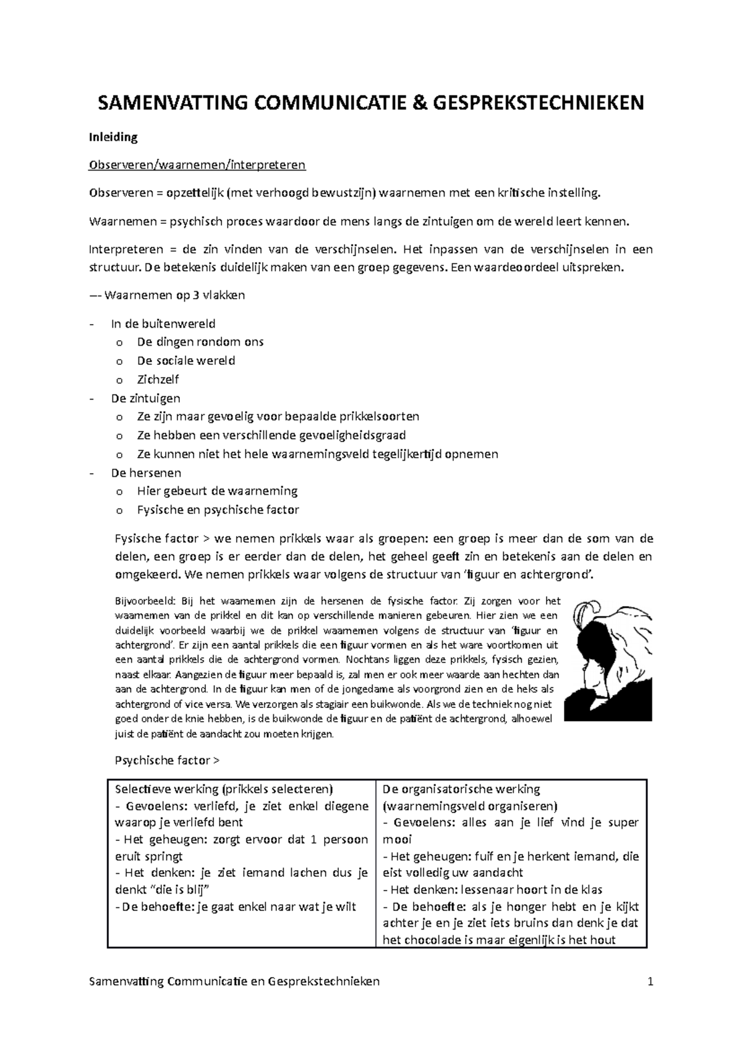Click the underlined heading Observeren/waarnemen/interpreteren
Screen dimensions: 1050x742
(x=197, y=165)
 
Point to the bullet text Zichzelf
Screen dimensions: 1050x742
(x=158, y=379)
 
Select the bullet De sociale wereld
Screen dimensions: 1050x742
(x=185, y=361)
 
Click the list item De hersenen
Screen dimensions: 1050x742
(x=146, y=473)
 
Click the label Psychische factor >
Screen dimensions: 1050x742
(x=167, y=761)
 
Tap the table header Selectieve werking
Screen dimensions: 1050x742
(x=167, y=789)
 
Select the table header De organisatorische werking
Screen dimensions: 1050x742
(x=461, y=789)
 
